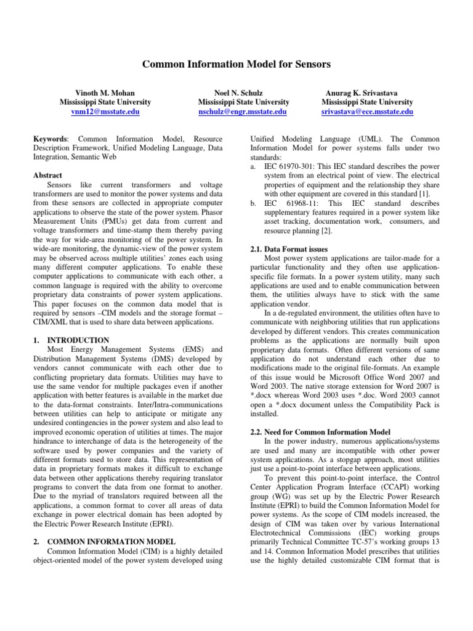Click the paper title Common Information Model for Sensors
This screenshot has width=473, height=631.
coord(237,64)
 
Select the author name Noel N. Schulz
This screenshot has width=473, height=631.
coord(243,92)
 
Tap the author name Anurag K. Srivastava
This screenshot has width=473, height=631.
coord(367,92)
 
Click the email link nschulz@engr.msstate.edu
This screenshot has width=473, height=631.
coord(243,112)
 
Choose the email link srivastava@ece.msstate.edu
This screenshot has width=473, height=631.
coord(367,112)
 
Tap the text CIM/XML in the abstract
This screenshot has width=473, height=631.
coord(52,322)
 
